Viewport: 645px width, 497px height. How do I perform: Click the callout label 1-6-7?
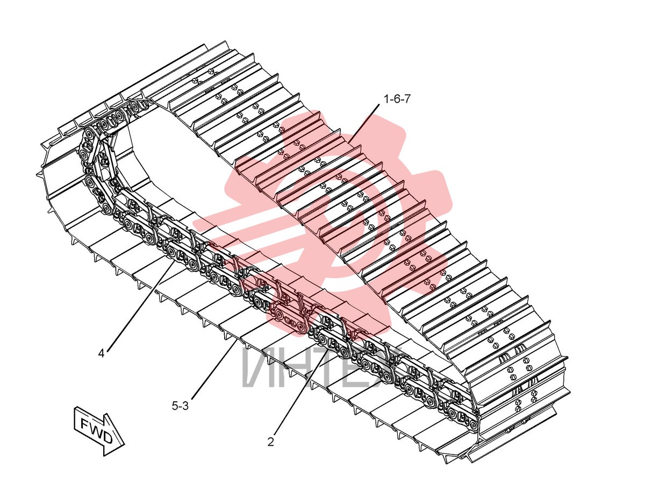coord(397,99)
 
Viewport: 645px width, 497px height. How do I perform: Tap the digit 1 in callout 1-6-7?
coord(387,99)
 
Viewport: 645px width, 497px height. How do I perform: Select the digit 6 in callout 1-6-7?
coord(397,99)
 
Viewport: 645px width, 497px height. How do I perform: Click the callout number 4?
coord(102,353)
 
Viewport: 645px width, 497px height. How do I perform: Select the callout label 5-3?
coord(180,406)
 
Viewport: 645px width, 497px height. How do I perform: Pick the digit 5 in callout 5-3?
coord(175,406)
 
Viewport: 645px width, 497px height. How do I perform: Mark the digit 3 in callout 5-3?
coord(185,406)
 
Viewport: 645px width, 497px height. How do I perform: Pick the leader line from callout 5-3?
coord(214,370)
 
